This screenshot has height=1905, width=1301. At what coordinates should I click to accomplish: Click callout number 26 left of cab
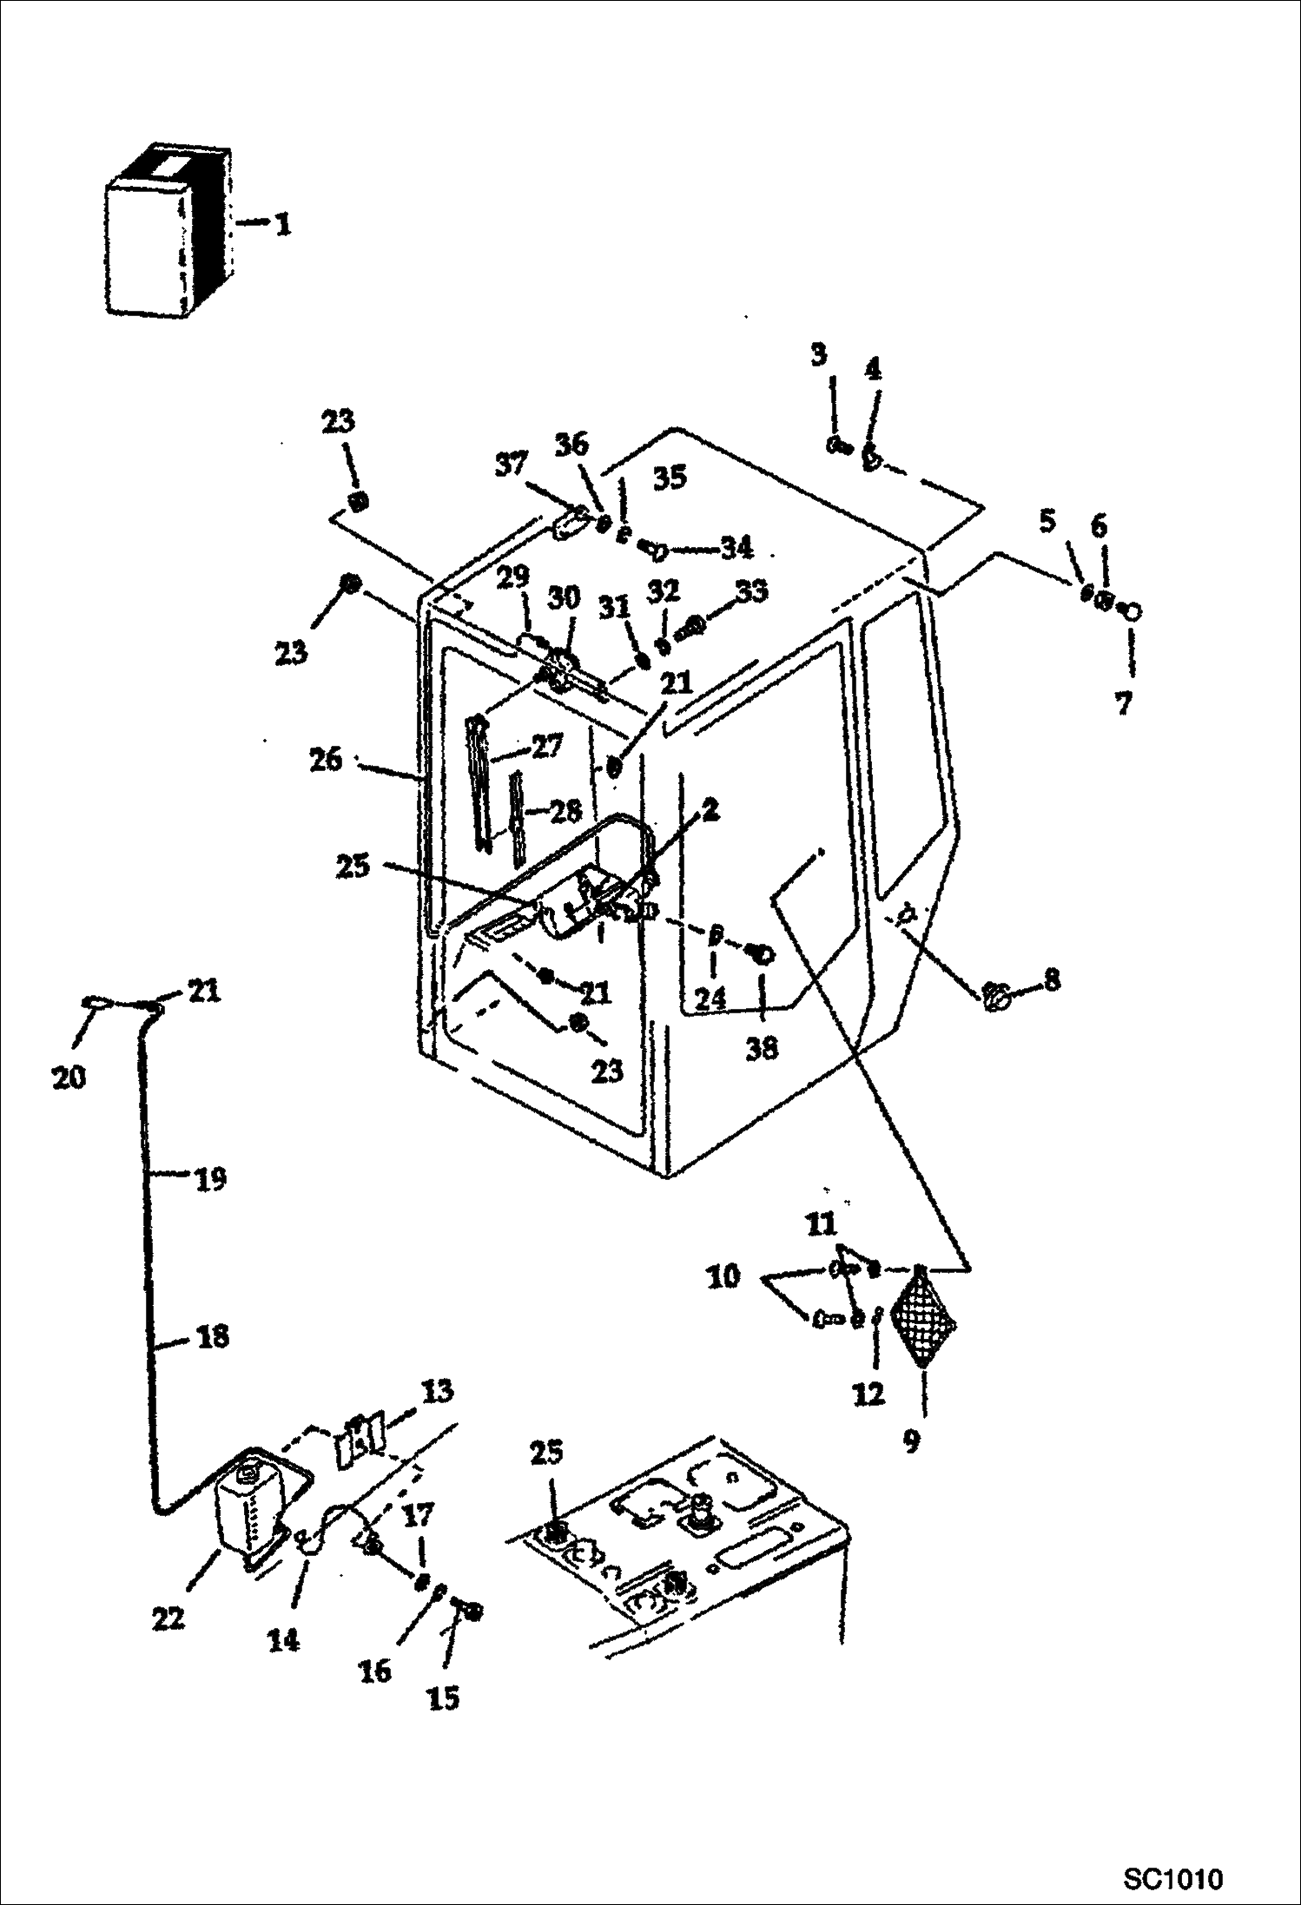point(327,760)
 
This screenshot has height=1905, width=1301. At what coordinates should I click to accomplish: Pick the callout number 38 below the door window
point(762,1049)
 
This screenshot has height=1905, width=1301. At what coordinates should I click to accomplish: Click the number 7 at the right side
point(1124,703)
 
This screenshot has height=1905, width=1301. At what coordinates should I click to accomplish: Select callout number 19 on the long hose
point(209,1179)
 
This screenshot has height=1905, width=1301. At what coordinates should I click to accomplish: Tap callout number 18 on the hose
point(213,1336)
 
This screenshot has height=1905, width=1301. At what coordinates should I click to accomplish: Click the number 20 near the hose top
point(69,1078)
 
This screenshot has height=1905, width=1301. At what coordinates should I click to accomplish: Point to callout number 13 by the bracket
point(437,1391)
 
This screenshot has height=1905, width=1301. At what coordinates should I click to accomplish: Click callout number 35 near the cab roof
point(670,478)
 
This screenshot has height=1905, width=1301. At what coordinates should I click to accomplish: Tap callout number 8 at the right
point(1052,980)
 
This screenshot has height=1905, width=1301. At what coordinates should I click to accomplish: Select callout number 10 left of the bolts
point(723,1276)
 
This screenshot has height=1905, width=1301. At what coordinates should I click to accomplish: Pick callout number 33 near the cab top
point(751,591)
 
